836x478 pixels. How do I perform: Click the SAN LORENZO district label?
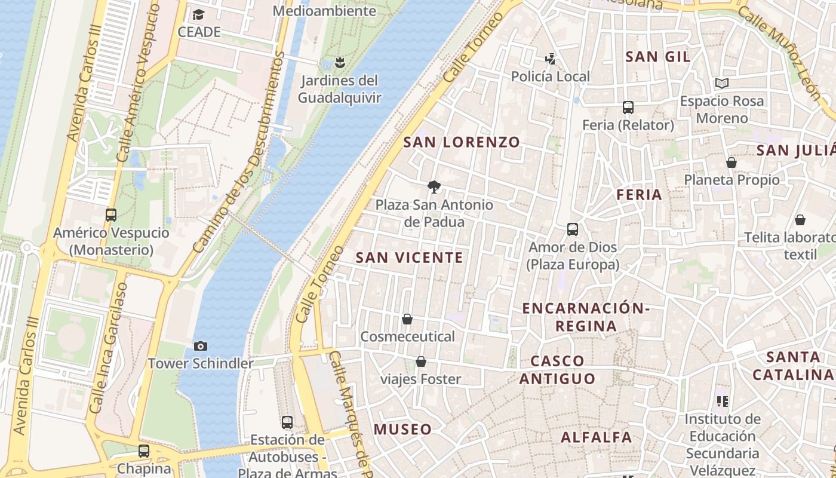[x=462, y=142]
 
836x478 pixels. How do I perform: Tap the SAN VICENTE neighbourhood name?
[x=409, y=258]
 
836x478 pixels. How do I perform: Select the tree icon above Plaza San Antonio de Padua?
[x=435, y=187]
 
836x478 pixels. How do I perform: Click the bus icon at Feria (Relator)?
[x=628, y=108]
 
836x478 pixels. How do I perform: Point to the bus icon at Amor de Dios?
[x=572, y=229]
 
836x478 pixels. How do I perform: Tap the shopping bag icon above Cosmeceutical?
[x=407, y=319]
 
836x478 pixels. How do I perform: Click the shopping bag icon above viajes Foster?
[x=421, y=361]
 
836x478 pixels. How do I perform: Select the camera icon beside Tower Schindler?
[x=201, y=346]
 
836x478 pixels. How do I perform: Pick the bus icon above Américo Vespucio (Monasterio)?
[x=111, y=215]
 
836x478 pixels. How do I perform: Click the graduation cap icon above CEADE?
[x=198, y=14]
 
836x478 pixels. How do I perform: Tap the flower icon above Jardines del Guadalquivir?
[x=340, y=62]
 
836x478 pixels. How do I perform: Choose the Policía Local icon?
[x=550, y=59]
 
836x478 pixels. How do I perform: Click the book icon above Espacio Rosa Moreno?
[x=722, y=83]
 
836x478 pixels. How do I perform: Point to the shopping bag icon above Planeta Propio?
[x=732, y=162]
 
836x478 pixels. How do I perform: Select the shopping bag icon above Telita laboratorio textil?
[x=800, y=220]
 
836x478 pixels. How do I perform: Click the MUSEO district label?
[x=402, y=429]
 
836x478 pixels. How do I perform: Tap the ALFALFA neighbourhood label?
[x=596, y=437]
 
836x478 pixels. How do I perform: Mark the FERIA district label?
[x=639, y=194]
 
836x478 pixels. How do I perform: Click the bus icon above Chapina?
[x=144, y=451]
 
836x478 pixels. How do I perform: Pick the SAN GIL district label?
[x=657, y=57]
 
